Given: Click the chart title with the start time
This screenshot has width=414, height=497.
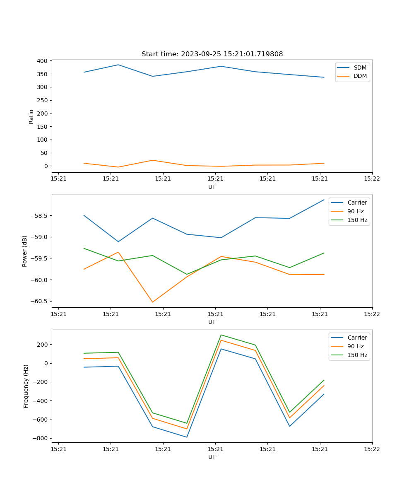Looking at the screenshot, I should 212,54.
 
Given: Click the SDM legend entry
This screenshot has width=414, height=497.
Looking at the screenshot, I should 360,68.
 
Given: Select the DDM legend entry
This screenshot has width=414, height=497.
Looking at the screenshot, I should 360,76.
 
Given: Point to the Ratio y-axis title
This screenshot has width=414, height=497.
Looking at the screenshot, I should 31,116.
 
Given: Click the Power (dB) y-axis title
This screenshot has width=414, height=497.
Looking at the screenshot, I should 25,251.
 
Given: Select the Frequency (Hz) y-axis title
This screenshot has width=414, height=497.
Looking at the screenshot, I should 26,386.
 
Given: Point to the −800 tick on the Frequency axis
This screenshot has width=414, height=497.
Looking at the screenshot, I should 39,439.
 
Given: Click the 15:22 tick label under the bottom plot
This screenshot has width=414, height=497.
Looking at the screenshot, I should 371,449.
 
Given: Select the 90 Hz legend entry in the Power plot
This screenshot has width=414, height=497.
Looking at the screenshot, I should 355,211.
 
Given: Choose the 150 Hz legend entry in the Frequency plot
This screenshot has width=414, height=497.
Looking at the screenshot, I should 357,355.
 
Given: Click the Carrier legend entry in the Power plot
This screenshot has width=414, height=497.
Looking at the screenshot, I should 357,203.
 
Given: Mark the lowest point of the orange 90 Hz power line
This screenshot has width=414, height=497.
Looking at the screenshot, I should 152,302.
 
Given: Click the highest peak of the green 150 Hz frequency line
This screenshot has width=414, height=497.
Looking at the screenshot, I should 221,335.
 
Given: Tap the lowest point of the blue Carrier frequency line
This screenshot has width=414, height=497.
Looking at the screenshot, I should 187,437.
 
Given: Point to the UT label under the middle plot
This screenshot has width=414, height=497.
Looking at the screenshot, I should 212,322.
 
